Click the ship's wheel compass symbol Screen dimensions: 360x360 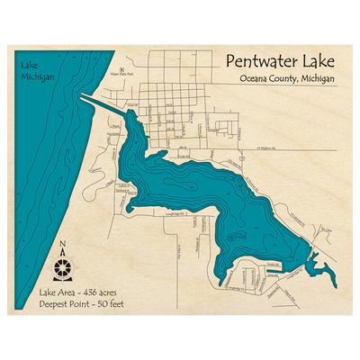tap(62, 267)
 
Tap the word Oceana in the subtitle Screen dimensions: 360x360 tap(256, 81)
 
